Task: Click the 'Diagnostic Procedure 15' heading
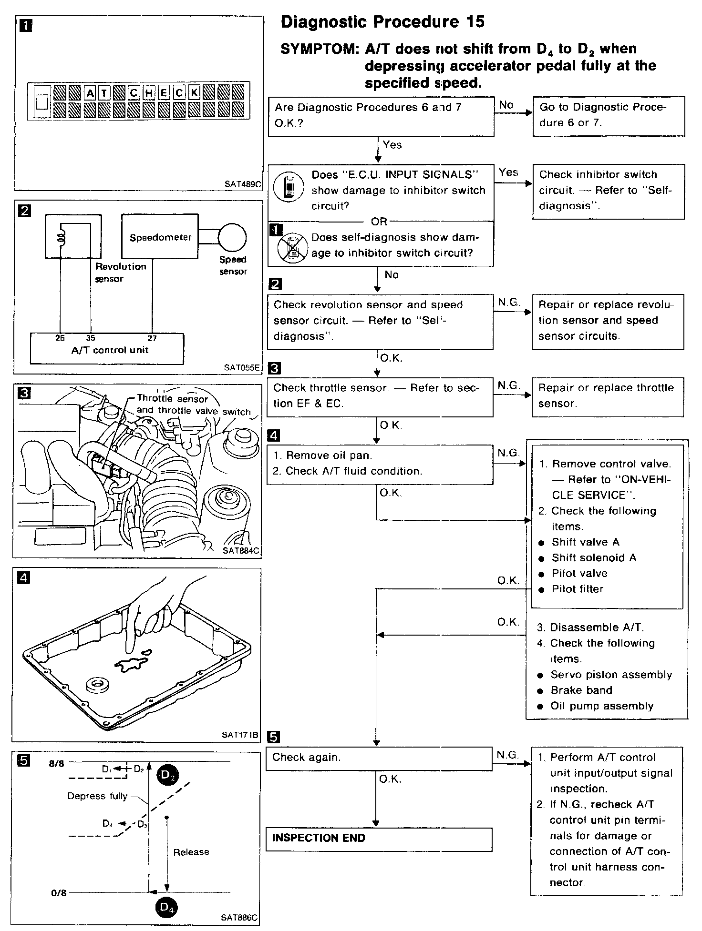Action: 382,22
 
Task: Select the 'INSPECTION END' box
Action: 379,839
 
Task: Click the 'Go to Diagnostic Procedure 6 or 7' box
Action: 609,116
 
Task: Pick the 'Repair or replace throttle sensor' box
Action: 608,396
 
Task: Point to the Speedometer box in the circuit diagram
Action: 160,237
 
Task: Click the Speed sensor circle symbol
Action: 232,237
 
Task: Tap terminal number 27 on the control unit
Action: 152,338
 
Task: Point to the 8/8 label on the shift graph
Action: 56,764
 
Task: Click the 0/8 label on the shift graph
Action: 59,893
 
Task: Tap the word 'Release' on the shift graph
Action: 191,852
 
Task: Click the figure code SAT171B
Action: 240,735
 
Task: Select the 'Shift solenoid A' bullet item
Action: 593,558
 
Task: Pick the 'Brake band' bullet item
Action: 581,690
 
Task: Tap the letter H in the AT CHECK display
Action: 149,93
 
